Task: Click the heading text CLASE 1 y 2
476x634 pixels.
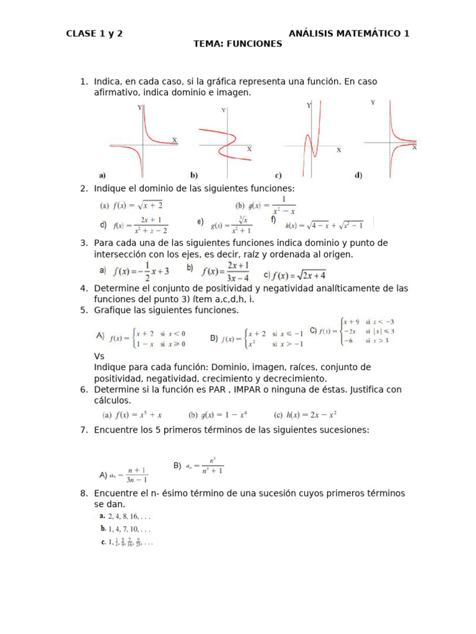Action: coord(94,33)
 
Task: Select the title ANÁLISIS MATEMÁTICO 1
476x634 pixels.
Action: coord(349,33)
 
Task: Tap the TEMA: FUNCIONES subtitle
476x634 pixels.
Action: coord(237,44)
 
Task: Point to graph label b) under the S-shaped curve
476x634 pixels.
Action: coord(193,175)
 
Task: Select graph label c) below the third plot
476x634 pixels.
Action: coord(278,175)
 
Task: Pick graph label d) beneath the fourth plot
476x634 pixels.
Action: coord(358,175)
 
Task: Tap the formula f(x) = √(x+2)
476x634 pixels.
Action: coord(131,205)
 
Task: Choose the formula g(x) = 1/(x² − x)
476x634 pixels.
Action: coord(265,206)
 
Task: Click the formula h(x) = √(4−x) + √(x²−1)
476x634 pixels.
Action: coord(324,225)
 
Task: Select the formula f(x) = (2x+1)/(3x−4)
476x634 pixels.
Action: coord(220,271)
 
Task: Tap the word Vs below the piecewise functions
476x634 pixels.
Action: coord(99,357)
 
